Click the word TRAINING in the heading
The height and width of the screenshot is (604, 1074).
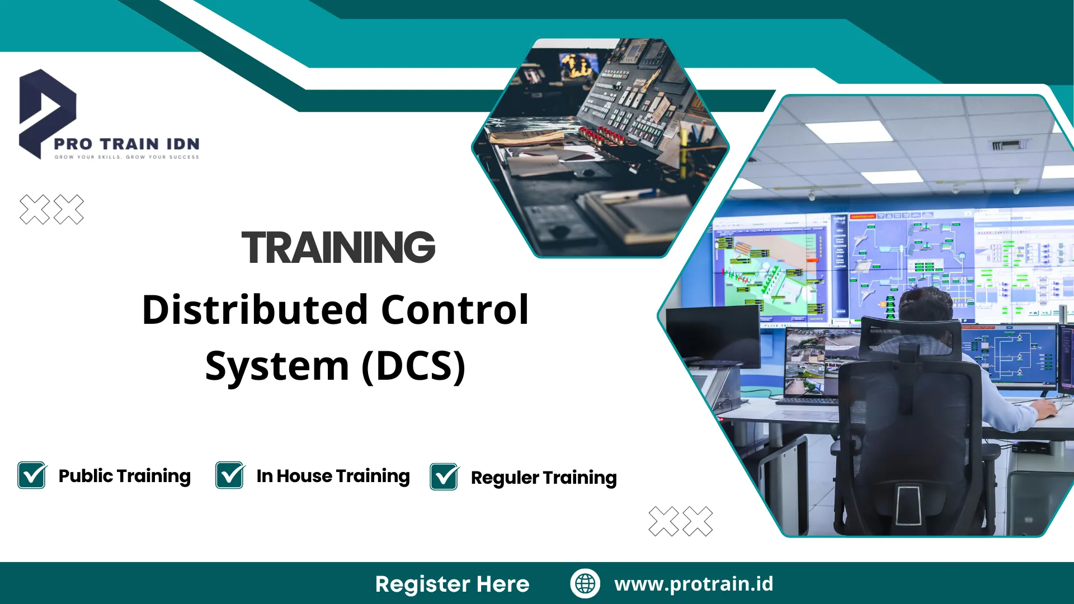pos(338,247)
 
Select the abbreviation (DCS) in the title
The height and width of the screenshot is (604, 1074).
pos(413,366)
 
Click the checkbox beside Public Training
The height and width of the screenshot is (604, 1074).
pos(32,475)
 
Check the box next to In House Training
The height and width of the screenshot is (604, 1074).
pos(230,475)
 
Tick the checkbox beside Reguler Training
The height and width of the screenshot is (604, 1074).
pos(444,477)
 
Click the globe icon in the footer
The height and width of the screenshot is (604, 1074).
pos(585,583)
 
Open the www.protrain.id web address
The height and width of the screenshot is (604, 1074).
pos(694,583)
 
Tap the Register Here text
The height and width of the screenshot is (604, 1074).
pos(452,584)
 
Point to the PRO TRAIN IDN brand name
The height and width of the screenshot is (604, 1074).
pos(126,144)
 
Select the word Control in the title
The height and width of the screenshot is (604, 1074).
pos(454,310)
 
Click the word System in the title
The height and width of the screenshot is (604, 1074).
pos(277,366)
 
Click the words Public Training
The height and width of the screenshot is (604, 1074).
pos(124,475)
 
